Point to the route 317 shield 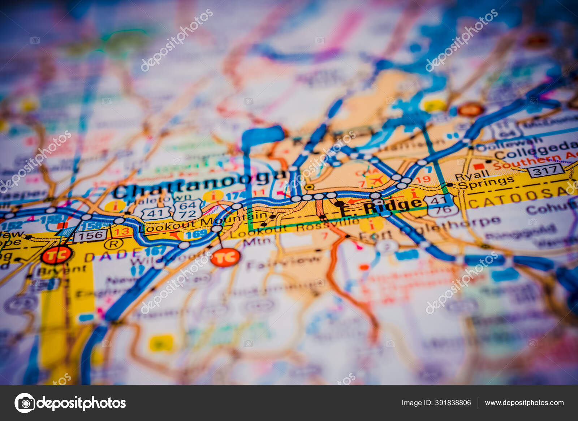click(545, 170)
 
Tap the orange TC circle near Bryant click(56, 255)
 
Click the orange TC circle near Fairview click(225, 258)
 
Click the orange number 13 click(122, 231)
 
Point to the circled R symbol click(113, 244)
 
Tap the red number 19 click(423, 179)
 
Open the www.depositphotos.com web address click(524, 403)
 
